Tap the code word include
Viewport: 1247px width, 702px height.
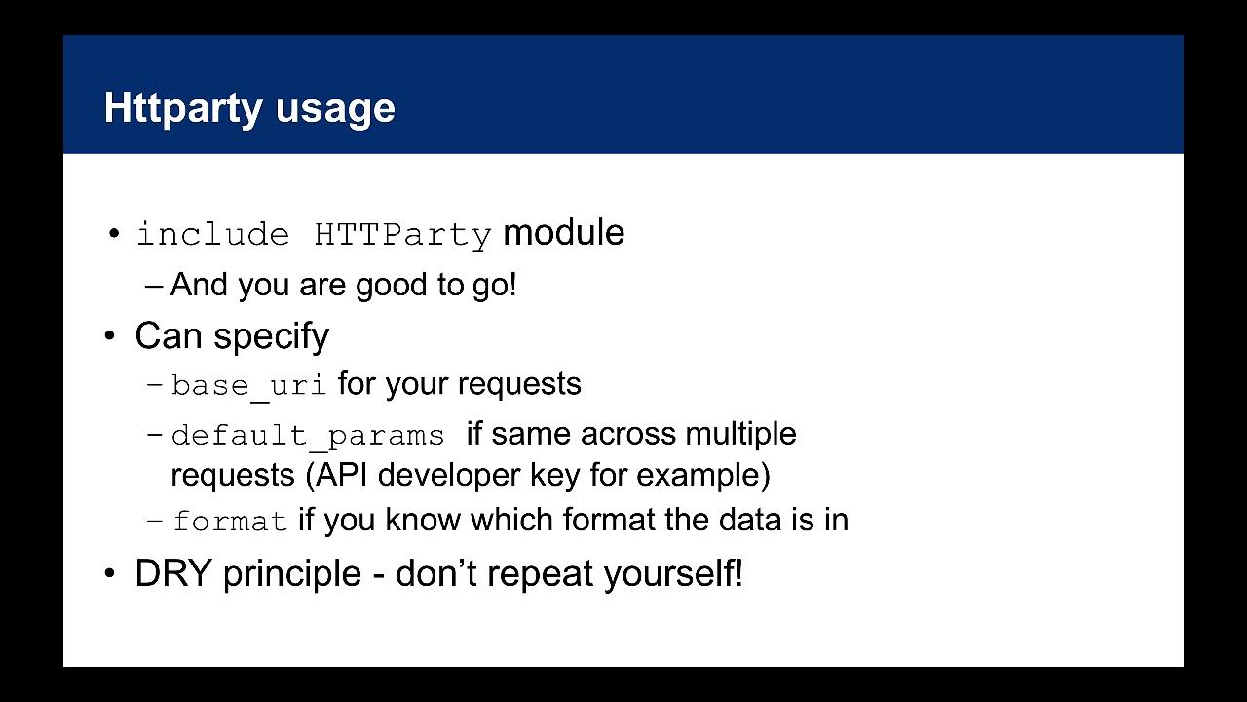click(x=212, y=235)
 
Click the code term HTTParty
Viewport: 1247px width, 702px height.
click(x=402, y=235)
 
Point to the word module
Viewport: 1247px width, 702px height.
click(x=563, y=233)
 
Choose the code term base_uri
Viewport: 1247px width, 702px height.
click(x=248, y=385)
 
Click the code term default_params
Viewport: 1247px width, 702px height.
click(x=308, y=435)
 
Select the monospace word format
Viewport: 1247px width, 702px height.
click(x=230, y=522)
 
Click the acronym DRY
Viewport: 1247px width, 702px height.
click(x=172, y=573)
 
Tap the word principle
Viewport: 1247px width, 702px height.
click(x=291, y=573)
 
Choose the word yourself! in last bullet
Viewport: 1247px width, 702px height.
click(x=673, y=573)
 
